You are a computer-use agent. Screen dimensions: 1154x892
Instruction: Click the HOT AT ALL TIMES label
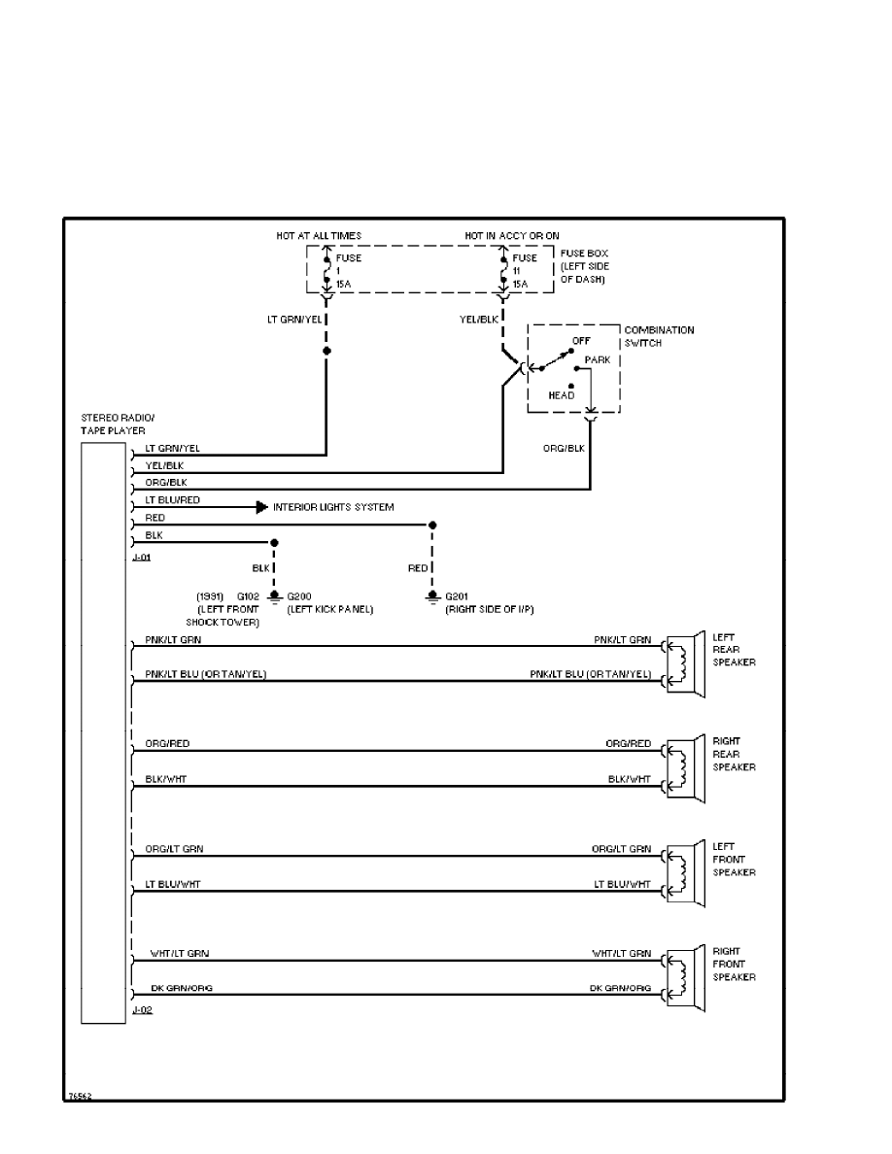click(319, 236)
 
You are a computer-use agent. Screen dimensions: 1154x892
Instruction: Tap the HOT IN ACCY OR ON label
click(511, 236)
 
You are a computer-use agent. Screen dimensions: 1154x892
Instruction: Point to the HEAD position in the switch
click(562, 395)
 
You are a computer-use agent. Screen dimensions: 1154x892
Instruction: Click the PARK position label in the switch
click(598, 358)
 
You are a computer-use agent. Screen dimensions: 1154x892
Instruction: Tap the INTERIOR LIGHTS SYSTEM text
click(333, 507)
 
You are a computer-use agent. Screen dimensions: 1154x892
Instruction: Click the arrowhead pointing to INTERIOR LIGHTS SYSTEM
click(261, 507)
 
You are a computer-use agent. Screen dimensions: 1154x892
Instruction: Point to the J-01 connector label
click(141, 559)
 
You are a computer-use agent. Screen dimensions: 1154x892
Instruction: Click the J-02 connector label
click(141, 1011)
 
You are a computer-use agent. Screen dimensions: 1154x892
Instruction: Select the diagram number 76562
click(79, 1095)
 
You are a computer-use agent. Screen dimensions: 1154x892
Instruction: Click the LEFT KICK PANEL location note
click(330, 609)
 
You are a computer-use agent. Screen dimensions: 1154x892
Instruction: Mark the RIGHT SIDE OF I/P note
click(488, 609)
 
